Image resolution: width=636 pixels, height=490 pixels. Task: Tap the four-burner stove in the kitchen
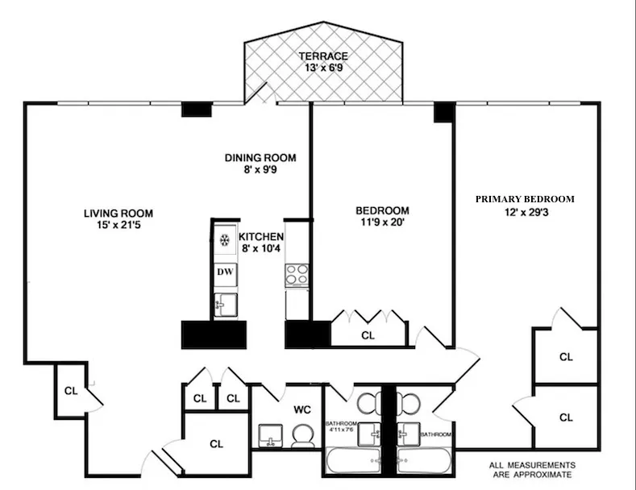(x=297, y=274)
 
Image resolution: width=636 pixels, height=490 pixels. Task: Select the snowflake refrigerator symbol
(x=225, y=239)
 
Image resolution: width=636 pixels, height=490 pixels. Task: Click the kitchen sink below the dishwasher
(x=225, y=305)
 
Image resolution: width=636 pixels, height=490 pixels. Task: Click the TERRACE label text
(x=323, y=56)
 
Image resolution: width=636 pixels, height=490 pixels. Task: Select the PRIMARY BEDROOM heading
(x=525, y=199)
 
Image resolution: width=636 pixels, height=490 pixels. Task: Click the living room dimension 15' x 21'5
(x=118, y=226)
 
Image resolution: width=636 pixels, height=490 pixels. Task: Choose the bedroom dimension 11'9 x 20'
(x=382, y=223)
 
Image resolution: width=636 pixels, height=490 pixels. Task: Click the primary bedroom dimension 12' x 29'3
(x=524, y=212)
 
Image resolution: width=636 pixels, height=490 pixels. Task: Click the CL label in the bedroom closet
(x=368, y=335)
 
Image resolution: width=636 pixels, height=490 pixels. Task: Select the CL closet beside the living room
(x=71, y=391)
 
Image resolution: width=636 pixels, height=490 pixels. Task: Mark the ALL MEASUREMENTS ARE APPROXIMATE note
(x=533, y=471)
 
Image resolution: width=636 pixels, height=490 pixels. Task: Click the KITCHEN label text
(x=260, y=237)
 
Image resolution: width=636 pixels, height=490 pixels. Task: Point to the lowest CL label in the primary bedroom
(x=566, y=417)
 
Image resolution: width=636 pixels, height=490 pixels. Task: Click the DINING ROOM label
(x=260, y=158)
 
